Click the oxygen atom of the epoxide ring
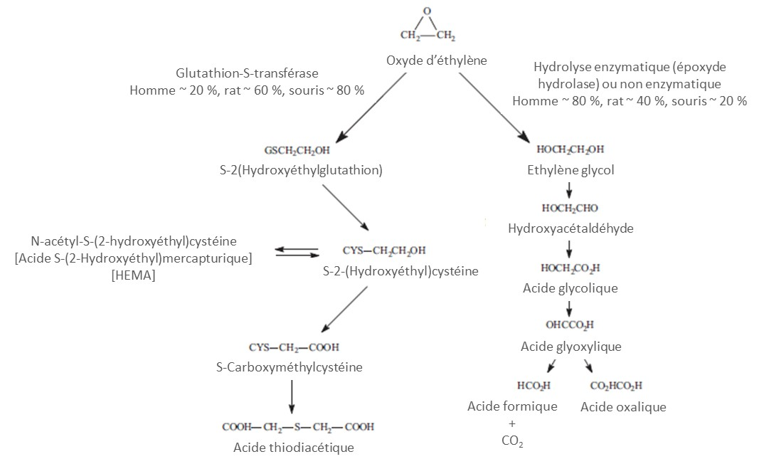tap(427, 11)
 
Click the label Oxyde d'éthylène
tap(437, 60)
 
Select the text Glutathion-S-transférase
tap(247, 73)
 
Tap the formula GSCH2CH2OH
tap(297, 151)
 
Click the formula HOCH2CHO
tap(570, 209)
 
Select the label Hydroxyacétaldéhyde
tap(570, 228)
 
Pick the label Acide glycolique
tap(570, 288)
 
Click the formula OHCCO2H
tap(570, 326)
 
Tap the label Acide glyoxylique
tap(571, 347)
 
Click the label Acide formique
tap(512, 406)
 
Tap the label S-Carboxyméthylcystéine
tap(289, 368)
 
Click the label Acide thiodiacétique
tap(293, 447)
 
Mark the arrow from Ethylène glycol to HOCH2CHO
tap(570, 191)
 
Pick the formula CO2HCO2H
tap(616, 386)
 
